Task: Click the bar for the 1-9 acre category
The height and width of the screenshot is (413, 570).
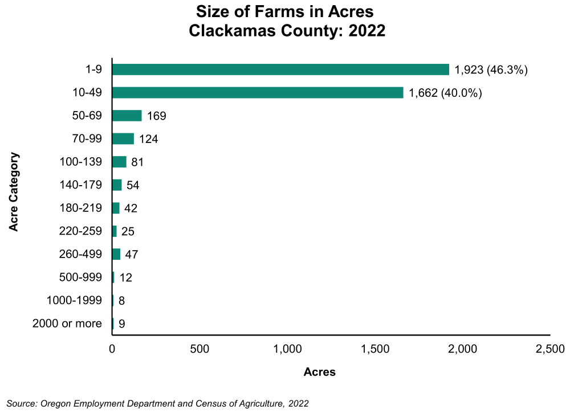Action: (x=280, y=69)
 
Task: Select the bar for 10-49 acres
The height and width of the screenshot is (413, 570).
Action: (x=258, y=93)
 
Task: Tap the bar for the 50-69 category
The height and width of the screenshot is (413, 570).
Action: (x=127, y=116)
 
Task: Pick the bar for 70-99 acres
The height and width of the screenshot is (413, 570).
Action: (x=123, y=139)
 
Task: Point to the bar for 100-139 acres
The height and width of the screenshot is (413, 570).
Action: (x=119, y=162)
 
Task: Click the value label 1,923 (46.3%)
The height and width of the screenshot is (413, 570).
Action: (x=492, y=70)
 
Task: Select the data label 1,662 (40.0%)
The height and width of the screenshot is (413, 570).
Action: (x=446, y=93)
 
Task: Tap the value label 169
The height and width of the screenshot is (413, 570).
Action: (x=156, y=116)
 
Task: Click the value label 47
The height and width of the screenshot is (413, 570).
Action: (x=132, y=255)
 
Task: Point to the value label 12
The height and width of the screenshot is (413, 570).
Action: (x=125, y=278)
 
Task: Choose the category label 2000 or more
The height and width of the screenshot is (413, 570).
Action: (x=67, y=324)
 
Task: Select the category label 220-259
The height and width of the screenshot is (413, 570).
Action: (x=80, y=231)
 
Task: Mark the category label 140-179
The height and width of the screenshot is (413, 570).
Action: (x=80, y=185)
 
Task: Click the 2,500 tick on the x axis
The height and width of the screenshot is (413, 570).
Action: (x=549, y=349)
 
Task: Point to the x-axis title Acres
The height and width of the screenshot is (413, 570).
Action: (x=320, y=373)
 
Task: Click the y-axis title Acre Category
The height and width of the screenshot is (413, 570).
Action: (x=14, y=191)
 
